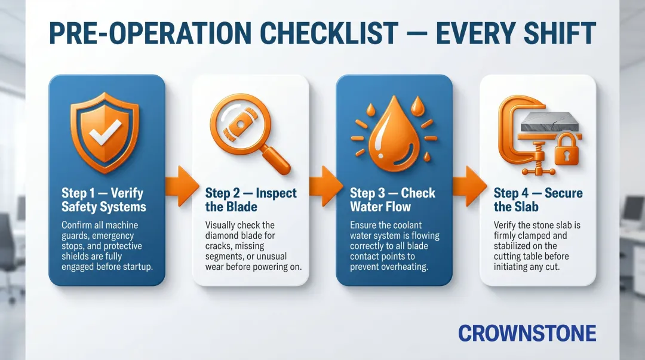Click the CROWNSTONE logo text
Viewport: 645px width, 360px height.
[x=527, y=333]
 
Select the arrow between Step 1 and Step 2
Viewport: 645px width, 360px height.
[x=180, y=181]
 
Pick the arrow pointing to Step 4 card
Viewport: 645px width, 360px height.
[x=468, y=181]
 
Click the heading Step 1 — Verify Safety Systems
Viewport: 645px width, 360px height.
[x=103, y=201]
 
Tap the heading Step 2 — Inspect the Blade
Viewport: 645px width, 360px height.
[x=251, y=201]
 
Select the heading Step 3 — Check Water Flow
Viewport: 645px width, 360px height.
[x=392, y=201]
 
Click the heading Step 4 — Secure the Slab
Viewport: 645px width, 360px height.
[x=537, y=201]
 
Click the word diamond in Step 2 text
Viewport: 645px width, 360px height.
[x=223, y=235]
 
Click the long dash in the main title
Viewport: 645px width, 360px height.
[x=411, y=35]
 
